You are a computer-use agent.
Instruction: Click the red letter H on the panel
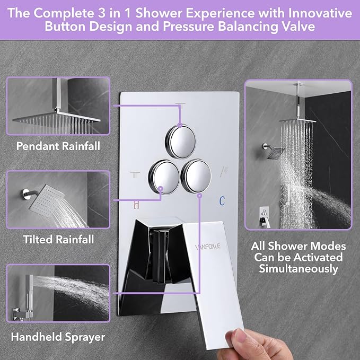coord(136,203)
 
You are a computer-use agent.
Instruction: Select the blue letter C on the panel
coord(222,200)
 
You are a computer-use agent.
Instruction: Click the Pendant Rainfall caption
coord(58,145)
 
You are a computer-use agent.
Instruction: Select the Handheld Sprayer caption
coord(58,337)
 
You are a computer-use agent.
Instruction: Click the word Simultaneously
coord(298,269)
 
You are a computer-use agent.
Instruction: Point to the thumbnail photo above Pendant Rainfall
coord(58,107)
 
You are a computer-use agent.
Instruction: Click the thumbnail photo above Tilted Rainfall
coord(58,200)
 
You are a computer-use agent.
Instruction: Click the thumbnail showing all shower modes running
coord(298,154)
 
